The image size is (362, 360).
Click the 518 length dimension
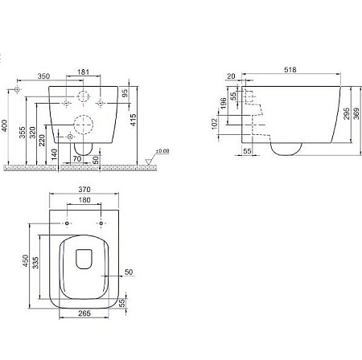click(290, 70)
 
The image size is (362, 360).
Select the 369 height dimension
click(356, 113)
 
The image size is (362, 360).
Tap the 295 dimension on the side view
click(347, 113)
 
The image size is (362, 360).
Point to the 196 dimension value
click(223, 104)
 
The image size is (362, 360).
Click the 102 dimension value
click(214, 124)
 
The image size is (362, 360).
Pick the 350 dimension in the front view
click(43, 76)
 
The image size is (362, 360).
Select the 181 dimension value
click(84, 72)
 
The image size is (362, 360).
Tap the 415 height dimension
click(133, 120)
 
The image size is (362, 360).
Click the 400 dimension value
click(5, 125)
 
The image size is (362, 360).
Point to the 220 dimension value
click(42, 141)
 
